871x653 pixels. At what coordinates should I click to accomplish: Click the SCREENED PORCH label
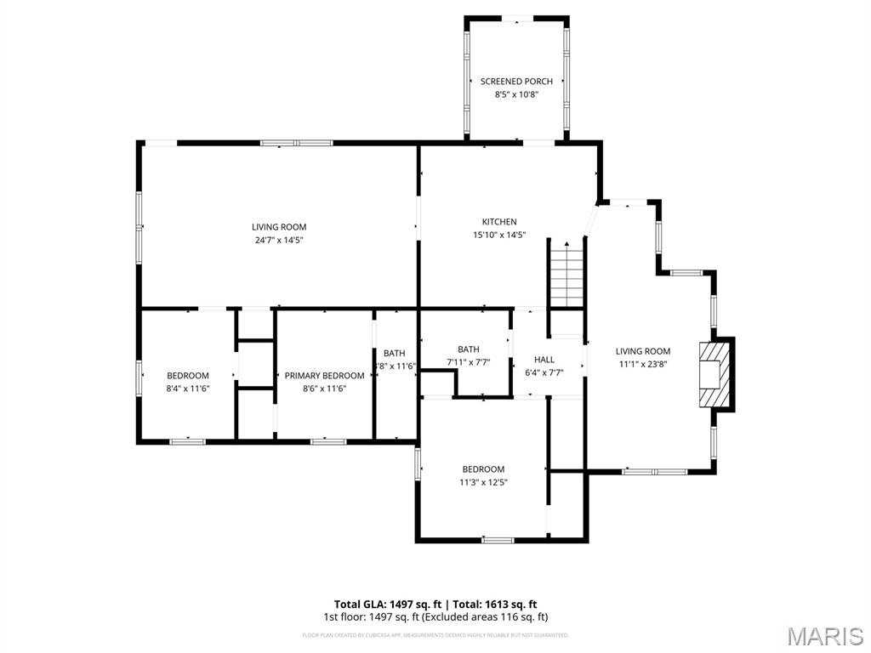point(516,82)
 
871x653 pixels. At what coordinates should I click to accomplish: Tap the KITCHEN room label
point(499,222)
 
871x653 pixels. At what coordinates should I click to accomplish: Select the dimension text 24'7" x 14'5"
point(278,240)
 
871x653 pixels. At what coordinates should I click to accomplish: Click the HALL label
point(544,360)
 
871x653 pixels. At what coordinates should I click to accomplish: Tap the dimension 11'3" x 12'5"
point(483,482)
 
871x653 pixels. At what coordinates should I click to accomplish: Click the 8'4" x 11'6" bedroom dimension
point(187,389)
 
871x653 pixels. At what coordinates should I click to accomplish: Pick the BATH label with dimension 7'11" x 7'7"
point(469,349)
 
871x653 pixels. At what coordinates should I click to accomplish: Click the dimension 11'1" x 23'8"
point(643,364)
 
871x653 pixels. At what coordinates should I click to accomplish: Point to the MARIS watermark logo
point(824,635)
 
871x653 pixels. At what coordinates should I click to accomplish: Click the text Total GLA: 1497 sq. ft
point(385,605)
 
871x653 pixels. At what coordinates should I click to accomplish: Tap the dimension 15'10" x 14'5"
point(499,235)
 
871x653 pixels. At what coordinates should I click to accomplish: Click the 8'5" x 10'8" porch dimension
point(516,94)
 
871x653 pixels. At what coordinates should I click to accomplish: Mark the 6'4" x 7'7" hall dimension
point(544,372)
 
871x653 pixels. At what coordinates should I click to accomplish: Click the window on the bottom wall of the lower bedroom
point(498,540)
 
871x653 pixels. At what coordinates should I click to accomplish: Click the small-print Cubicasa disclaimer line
point(435,635)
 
